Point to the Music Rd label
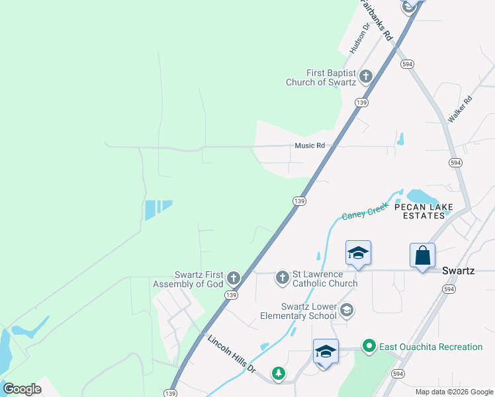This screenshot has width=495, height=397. click(x=310, y=146)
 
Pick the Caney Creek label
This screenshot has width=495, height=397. click(x=364, y=210)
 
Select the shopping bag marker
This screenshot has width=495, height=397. click(x=422, y=255)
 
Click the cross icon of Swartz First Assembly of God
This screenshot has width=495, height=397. click(x=233, y=277)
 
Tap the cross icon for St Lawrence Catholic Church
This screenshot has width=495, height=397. click(x=283, y=277)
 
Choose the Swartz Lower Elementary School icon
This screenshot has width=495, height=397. click(x=347, y=310)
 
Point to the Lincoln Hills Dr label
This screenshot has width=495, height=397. click(x=232, y=355)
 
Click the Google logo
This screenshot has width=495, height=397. click(x=22, y=389)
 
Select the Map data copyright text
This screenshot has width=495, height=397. click(x=454, y=392)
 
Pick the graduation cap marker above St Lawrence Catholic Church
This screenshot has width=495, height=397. click(x=358, y=253)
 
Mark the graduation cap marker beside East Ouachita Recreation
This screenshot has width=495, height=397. click(x=326, y=351)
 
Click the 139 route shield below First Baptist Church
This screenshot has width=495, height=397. click(x=361, y=103)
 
